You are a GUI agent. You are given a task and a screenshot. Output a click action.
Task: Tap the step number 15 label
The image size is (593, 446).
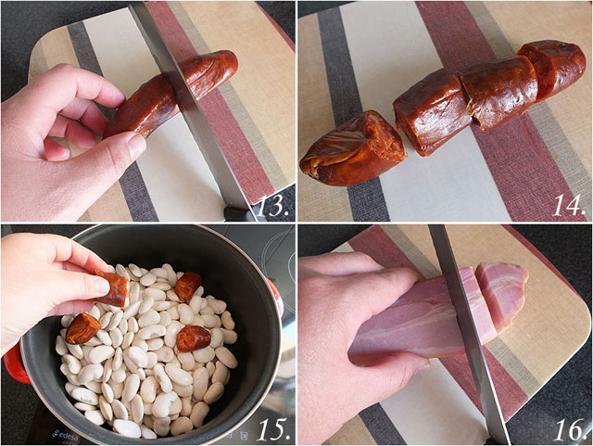click(x=271, y=428)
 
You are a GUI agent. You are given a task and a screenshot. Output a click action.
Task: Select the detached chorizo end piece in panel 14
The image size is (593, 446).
click(x=353, y=148)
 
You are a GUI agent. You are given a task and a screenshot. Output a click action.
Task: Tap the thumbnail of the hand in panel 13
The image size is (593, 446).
click(x=137, y=147)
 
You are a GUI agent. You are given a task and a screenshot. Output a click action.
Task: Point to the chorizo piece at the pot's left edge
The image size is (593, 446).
click(x=82, y=327)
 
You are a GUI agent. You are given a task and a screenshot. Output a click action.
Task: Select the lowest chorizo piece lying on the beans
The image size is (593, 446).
click(x=194, y=337)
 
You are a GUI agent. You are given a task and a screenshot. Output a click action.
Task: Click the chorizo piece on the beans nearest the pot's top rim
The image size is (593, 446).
click(x=188, y=285)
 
